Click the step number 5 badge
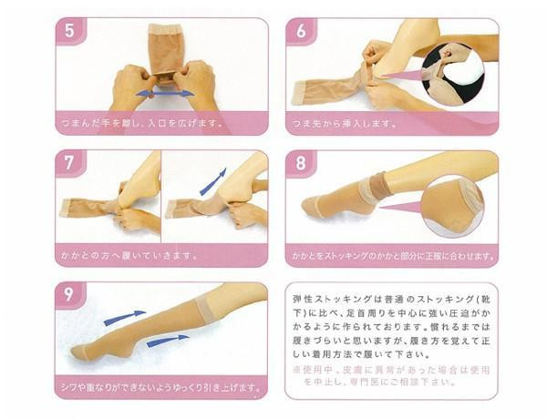coord(71,31)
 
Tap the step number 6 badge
coord(301,31)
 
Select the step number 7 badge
coord(71,163)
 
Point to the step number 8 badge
coord(301,163)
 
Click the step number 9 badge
coord(70,295)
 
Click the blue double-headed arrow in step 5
coord(165,94)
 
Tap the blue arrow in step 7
coord(213,181)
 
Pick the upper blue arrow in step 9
coord(125,317)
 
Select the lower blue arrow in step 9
coord(168,341)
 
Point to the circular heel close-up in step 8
coord(452,207)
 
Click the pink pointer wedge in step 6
coord(401,75)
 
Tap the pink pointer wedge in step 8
coord(400,207)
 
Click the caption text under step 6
coord(345,123)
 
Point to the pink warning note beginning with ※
coord(391,376)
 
